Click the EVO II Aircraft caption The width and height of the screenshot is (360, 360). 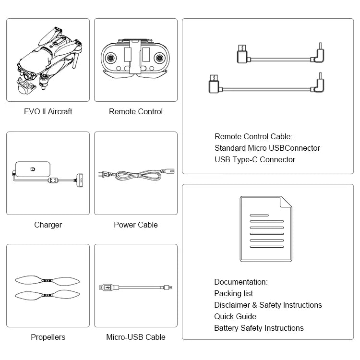tap(48, 111)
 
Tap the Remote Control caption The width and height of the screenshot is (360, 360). tap(136, 111)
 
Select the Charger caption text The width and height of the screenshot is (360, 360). tap(48, 225)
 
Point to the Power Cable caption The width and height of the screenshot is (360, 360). tap(136, 225)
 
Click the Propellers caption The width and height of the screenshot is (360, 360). tap(48, 337)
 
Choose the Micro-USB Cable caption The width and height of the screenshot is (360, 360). tap(136, 337)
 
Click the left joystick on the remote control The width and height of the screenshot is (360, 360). tap(111, 58)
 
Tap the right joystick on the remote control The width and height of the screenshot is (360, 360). tap(159, 58)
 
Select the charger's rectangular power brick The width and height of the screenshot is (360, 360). tap(33, 170)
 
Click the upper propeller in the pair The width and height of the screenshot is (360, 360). tap(47, 281)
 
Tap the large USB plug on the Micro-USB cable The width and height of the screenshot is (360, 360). tap(104, 288)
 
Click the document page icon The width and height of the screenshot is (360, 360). tap(265, 228)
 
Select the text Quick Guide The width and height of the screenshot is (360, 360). tap(235, 316)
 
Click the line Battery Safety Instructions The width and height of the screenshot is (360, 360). tap(259, 328)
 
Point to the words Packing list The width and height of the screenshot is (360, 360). tap(233, 293)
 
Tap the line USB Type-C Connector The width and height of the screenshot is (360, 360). tap(255, 159)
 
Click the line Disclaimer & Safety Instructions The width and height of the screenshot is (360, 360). tap(268, 305)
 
